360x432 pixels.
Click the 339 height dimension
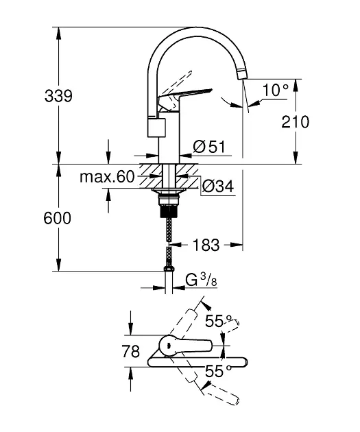pos(58,96)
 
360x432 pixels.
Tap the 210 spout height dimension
pos(295,122)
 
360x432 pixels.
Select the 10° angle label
pos(276,90)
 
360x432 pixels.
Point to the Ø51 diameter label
pos(209,147)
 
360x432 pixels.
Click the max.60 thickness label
pos(107,177)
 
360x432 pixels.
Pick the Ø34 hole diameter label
pos(218,187)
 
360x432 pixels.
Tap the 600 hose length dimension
pos(58,218)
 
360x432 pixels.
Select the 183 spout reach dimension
pos(206,245)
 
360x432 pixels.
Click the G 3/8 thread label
pos(201,280)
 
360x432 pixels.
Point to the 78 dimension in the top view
pos(130,351)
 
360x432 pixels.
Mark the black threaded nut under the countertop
pos(169,211)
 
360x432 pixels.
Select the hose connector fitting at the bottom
pos(169,269)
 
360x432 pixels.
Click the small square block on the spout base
pos(156,127)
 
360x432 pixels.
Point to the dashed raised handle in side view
pos(176,83)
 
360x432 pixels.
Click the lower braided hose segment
pos(169,256)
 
